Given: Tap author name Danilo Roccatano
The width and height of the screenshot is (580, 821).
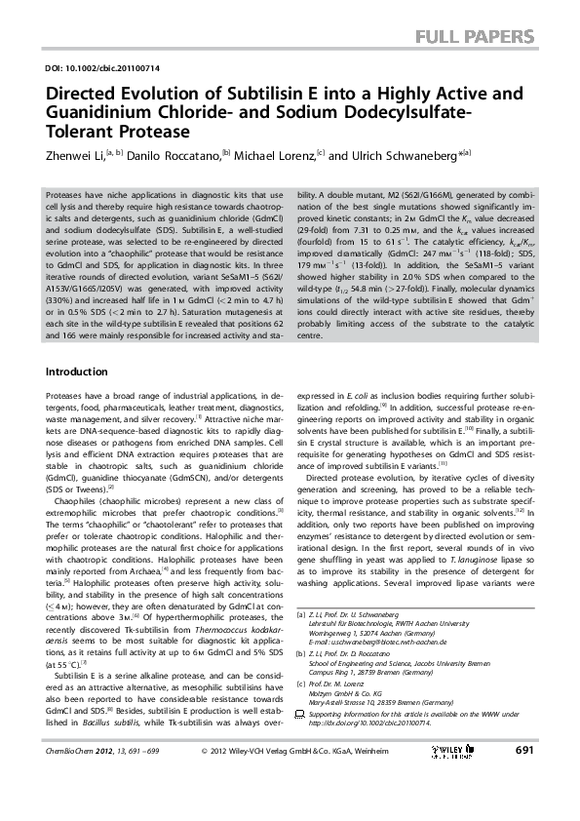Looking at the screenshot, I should [161, 155].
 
